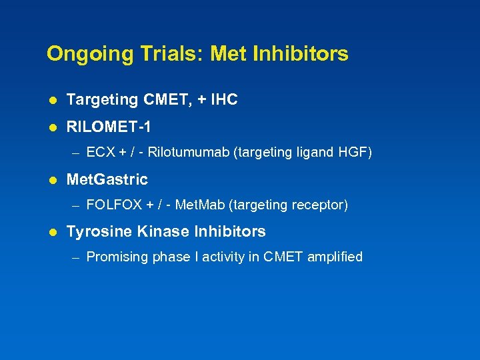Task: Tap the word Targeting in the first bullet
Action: (x=102, y=100)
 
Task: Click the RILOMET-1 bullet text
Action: (x=113, y=126)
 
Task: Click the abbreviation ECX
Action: (x=101, y=153)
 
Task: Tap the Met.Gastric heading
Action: (x=107, y=179)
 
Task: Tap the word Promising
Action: (x=114, y=257)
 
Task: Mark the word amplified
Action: (x=335, y=257)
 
